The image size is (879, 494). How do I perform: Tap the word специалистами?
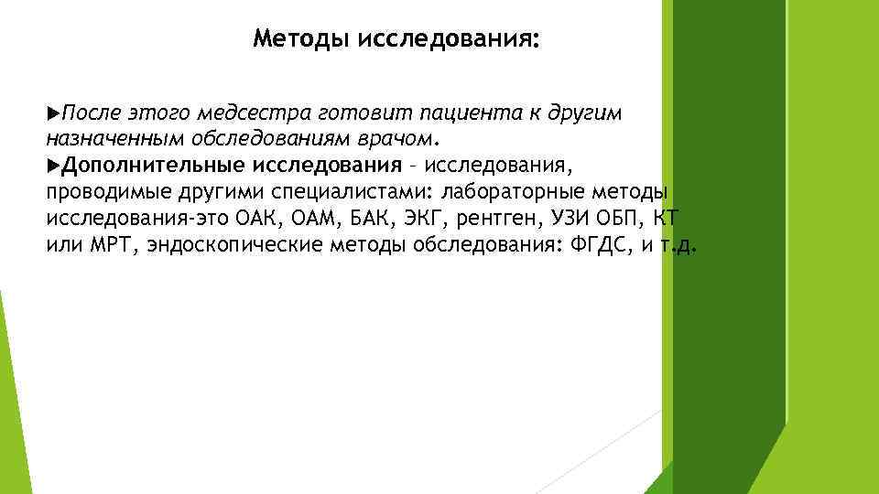(x=371, y=193)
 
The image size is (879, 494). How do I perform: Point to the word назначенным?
(x=114, y=139)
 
